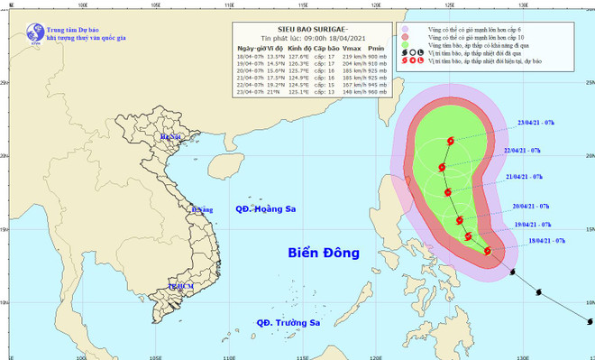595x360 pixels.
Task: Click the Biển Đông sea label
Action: tap(321, 252)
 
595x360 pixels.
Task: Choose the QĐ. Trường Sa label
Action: tap(288, 322)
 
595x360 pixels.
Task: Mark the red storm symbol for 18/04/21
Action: tap(488, 251)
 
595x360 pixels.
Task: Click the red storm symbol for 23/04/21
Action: tap(451, 142)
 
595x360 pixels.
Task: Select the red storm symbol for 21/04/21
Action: tap(447, 191)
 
